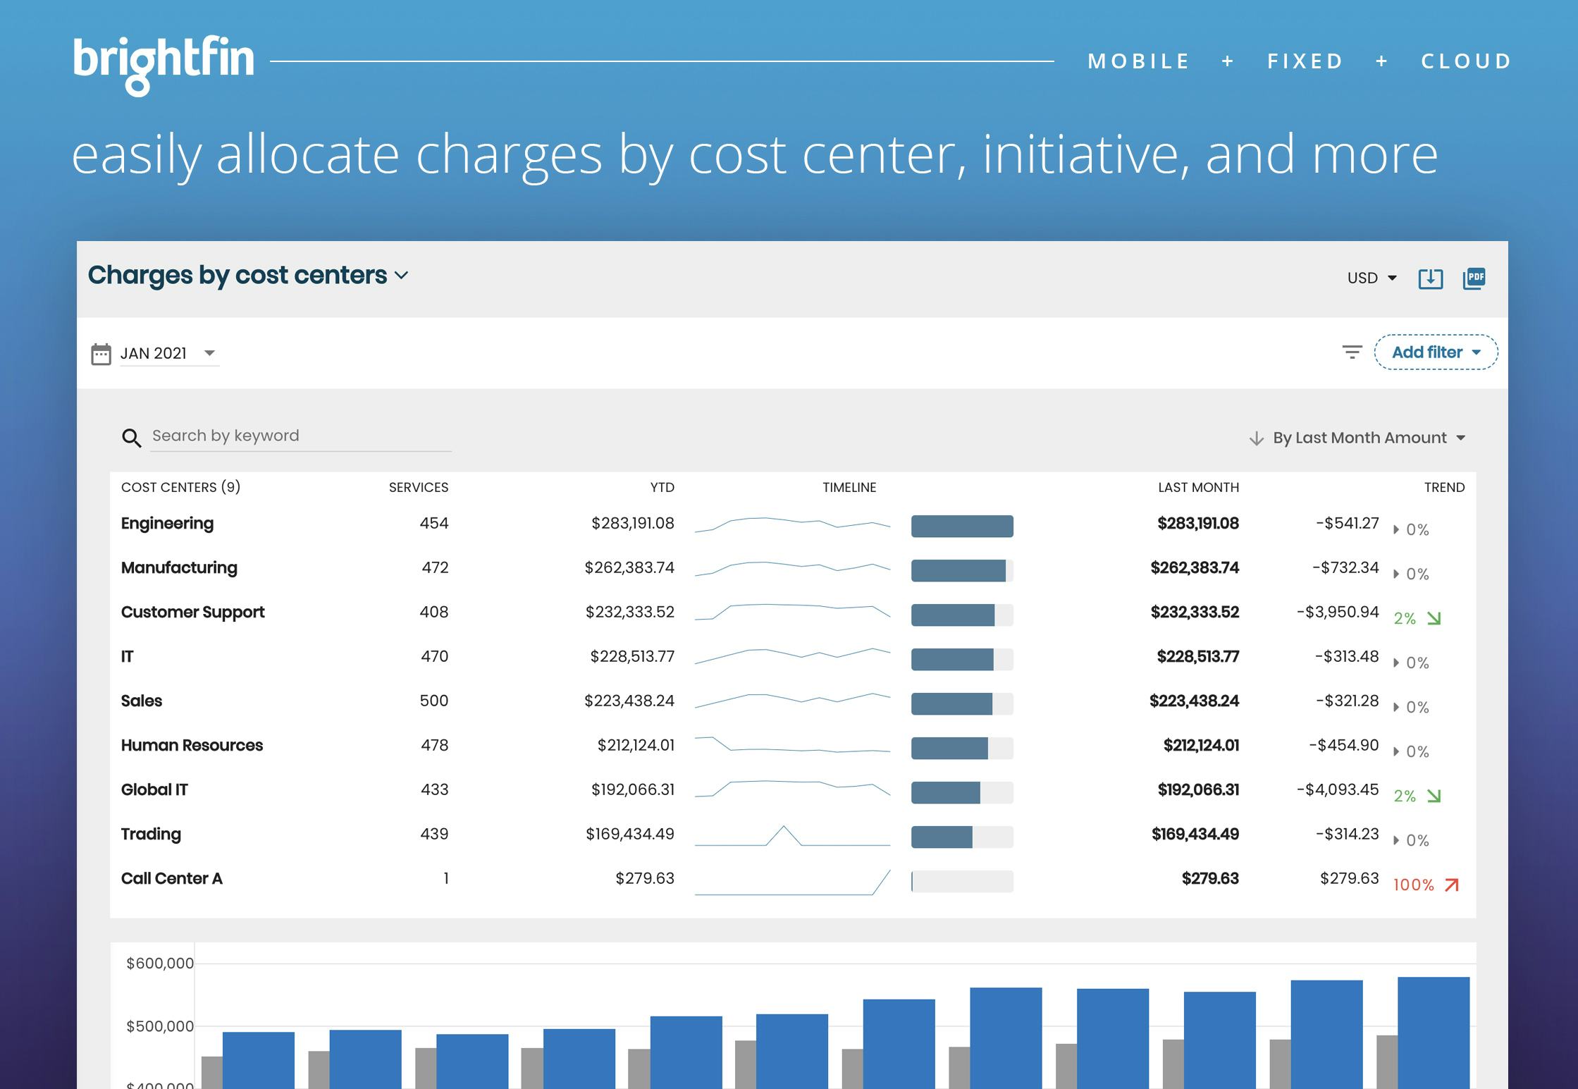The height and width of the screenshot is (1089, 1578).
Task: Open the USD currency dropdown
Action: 1371,278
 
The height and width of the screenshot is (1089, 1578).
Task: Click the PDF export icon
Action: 1474,278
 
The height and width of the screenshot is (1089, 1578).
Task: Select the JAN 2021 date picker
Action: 167,353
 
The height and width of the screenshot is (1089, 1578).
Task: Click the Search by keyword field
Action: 300,436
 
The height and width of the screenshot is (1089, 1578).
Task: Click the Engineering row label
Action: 167,523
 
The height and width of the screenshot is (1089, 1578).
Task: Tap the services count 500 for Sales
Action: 433,701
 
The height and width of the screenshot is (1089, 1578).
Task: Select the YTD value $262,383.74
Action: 629,567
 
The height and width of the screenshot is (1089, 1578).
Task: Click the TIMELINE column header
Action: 849,487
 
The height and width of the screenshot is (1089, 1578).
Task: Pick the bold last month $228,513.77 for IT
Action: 1197,656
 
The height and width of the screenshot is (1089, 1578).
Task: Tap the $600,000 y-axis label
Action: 159,963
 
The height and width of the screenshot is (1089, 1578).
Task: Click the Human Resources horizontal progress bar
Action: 961,748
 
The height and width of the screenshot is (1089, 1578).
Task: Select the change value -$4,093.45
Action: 1337,789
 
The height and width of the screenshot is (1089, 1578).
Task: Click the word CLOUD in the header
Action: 1466,61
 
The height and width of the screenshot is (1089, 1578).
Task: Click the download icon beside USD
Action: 1430,278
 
